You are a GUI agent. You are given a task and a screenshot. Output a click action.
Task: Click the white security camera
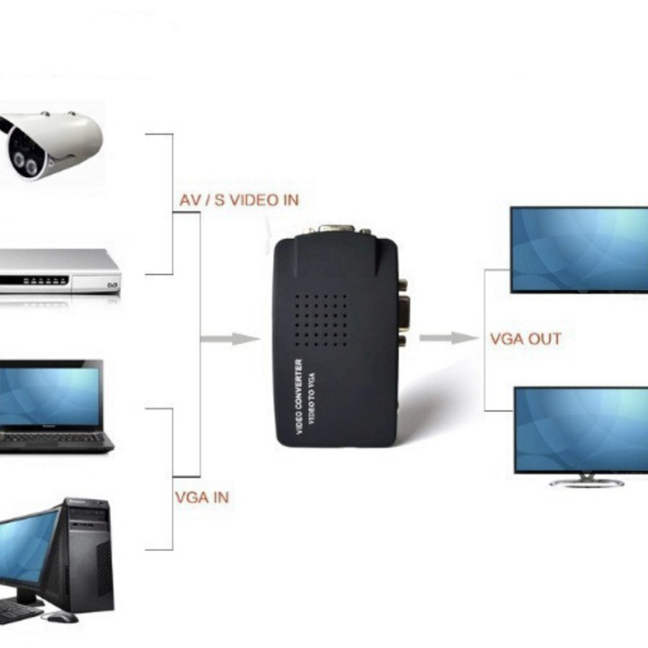pos(54,144)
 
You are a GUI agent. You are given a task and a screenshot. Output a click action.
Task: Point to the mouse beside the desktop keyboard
pos(60,616)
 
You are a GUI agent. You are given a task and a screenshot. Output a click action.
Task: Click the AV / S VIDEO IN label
pos(238,199)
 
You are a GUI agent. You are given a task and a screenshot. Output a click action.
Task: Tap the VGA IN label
pos(202,497)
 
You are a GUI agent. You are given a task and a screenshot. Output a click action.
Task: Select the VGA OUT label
pos(526,338)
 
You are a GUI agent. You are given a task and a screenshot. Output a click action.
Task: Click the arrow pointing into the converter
pos(230,338)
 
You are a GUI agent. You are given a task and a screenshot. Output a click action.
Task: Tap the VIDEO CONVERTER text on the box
pos(300,396)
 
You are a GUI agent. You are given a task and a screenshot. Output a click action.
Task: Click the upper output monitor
pos(580,248)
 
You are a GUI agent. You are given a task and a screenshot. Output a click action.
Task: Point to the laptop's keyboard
pos(54,437)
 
